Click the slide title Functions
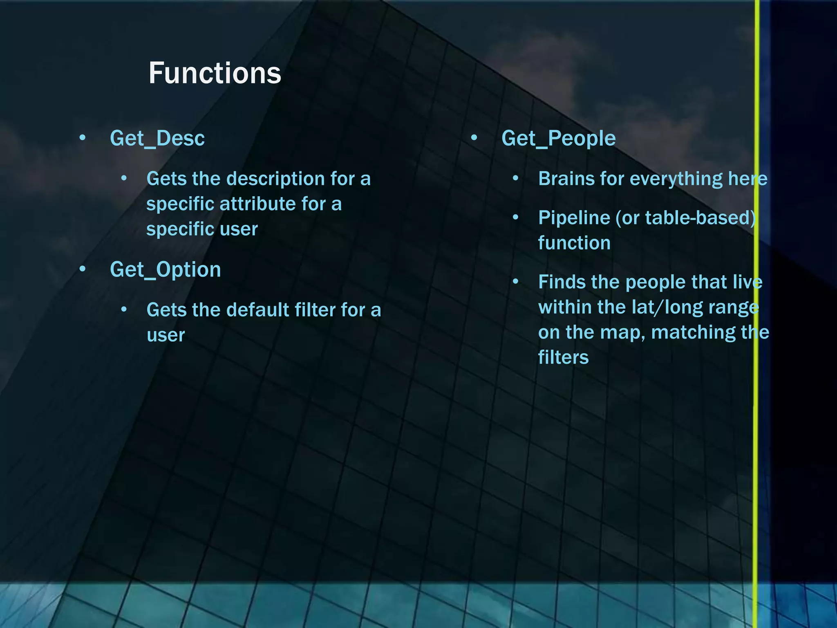point(215,73)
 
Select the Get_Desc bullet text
point(157,138)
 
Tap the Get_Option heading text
point(165,270)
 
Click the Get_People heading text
point(558,138)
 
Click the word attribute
point(257,204)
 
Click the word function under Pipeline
point(574,243)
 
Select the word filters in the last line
point(563,357)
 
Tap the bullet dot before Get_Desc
point(83,138)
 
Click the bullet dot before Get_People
point(474,138)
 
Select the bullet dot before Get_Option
point(83,269)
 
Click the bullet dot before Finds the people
point(516,282)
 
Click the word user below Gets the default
point(166,336)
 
